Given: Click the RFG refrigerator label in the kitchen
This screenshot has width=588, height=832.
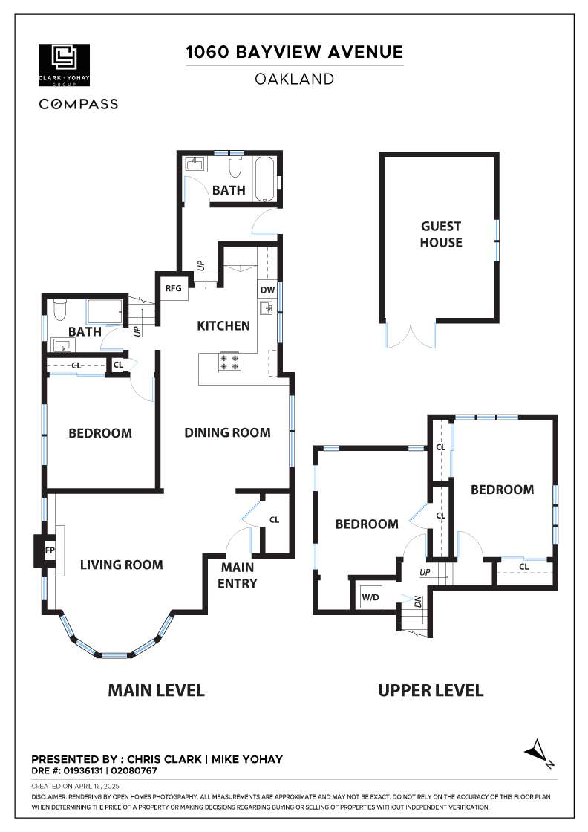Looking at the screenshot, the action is click(174, 288).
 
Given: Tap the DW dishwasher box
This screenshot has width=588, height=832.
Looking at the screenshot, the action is click(268, 290).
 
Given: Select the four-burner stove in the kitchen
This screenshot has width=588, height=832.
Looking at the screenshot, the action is click(229, 362).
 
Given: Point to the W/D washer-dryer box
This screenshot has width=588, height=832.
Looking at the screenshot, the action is click(370, 597).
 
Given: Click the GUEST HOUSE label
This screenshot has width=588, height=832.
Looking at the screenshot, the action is click(441, 234).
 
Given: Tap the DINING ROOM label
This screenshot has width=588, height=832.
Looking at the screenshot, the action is click(227, 432).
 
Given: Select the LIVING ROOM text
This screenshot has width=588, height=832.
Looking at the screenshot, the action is click(122, 565).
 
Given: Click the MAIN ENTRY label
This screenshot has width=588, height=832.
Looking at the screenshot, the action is click(238, 575).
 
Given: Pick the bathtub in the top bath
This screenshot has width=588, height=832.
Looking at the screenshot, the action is click(264, 179).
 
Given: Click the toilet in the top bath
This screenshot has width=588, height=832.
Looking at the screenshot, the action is click(235, 166).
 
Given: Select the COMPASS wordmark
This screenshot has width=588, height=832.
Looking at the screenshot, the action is click(79, 104).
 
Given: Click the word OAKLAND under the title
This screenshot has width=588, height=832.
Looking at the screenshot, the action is click(294, 79).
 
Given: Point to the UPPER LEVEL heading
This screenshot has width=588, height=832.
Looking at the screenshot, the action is click(431, 690).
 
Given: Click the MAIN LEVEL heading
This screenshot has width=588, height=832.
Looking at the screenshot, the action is click(157, 690).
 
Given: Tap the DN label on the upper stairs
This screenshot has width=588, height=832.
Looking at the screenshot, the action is click(418, 602).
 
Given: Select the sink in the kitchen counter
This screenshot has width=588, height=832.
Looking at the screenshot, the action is click(266, 308).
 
